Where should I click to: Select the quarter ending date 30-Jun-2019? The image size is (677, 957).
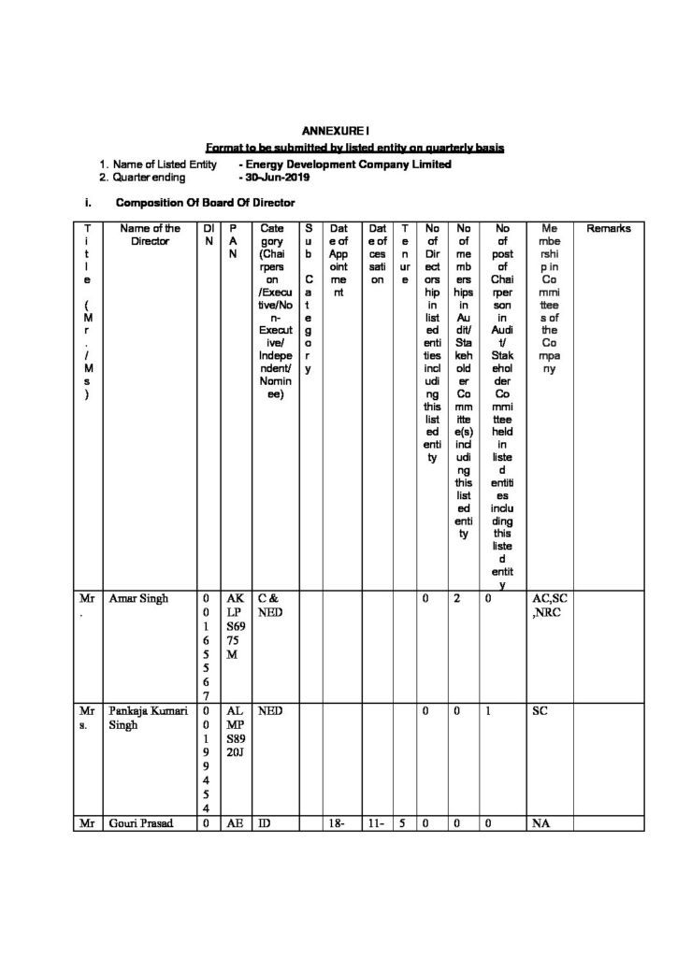coord(270,177)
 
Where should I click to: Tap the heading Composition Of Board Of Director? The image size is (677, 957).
coord(205,203)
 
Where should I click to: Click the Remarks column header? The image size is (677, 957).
coord(609,228)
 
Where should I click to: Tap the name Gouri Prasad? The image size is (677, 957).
coord(144,824)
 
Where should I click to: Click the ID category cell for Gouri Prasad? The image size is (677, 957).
coord(265,824)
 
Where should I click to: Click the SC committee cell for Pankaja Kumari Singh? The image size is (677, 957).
coord(540,711)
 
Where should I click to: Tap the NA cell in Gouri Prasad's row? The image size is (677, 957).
coord(540,824)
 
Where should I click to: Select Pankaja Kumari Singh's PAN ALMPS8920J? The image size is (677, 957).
coord(234,732)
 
